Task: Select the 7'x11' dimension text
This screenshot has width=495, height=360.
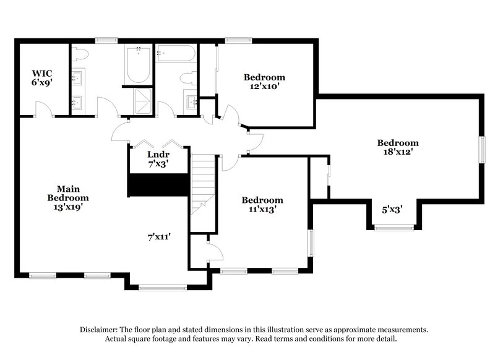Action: [158, 236]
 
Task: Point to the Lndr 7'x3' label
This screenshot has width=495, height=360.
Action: [158, 159]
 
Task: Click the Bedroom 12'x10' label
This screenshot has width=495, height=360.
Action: [264, 82]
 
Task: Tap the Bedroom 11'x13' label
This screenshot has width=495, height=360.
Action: [262, 204]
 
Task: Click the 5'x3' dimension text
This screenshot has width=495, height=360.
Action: [392, 210]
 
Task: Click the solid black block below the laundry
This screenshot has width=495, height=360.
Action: [158, 185]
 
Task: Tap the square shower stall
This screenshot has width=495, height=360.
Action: [143, 101]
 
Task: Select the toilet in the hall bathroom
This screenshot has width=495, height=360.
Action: [188, 79]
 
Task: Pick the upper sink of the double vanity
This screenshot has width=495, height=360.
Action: [79, 78]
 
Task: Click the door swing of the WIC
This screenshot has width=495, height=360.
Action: [43, 110]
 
